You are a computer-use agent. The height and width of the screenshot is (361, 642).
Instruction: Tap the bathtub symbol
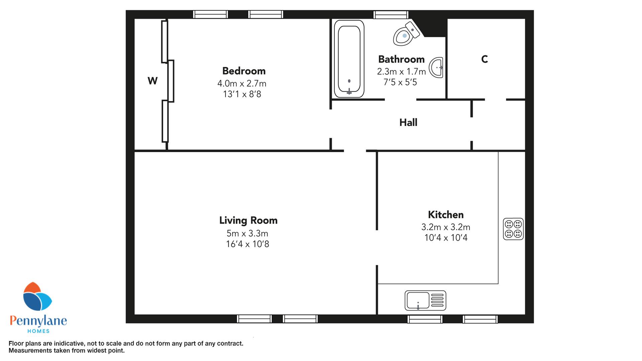[349, 59]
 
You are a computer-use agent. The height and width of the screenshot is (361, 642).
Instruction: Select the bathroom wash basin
[437, 68]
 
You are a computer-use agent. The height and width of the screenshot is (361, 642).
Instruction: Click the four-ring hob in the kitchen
[513, 229]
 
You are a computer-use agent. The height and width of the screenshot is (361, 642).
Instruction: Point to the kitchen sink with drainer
[425, 300]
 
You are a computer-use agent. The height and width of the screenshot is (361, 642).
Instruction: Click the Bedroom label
[244, 71]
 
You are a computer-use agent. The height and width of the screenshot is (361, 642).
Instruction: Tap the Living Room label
[248, 220]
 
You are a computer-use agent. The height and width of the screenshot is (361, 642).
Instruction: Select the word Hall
[408, 122]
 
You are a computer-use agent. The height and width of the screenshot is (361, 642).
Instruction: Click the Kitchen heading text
[446, 215]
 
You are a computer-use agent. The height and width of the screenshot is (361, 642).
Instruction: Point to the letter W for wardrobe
[152, 81]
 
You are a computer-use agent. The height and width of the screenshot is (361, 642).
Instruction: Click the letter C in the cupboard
[485, 59]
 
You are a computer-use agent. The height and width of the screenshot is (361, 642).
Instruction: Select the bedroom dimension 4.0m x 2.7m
[242, 83]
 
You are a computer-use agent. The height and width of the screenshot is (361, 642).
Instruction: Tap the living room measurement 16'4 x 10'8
[247, 244]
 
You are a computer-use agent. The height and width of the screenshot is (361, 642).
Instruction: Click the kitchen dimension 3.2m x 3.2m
[446, 227]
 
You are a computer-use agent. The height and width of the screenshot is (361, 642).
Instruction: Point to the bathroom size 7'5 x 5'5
[400, 82]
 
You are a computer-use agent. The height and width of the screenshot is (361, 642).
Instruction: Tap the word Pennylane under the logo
[38, 321]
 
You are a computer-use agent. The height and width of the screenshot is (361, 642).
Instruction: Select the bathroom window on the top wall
[391, 15]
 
